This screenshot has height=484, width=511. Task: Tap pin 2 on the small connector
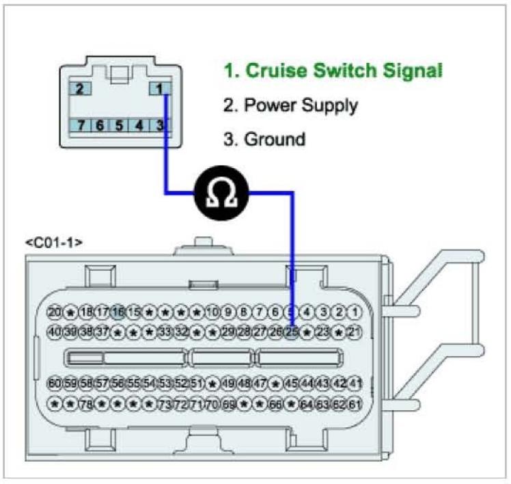(x=81, y=89)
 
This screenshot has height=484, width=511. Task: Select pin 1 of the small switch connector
(x=158, y=89)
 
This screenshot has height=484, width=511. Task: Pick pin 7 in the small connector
(x=81, y=126)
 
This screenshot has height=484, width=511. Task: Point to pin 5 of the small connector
(x=120, y=126)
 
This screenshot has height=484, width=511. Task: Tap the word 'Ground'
(x=273, y=139)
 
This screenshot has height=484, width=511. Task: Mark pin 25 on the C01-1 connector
(x=292, y=332)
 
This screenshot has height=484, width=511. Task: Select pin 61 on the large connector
(x=355, y=403)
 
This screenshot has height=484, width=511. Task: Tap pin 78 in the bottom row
(x=87, y=403)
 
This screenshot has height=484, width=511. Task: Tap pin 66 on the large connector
(x=276, y=403)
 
